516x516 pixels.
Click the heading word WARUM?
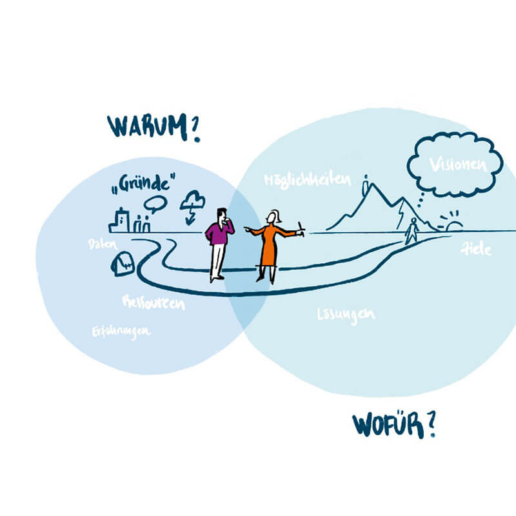pos(153,126)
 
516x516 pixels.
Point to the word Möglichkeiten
pos(307,179)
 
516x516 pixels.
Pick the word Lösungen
pos(346,315)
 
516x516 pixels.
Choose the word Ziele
pos(476,249)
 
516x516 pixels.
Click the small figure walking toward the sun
pos(412,231)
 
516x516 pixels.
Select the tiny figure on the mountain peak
pos(366,184)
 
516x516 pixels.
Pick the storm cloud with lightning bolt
pos(192,205)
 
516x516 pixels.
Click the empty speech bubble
pos(155,204)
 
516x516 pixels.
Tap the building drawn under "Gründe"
pos(119,221)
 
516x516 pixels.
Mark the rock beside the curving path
pos(123,263)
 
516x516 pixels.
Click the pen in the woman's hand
pos(300,226)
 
